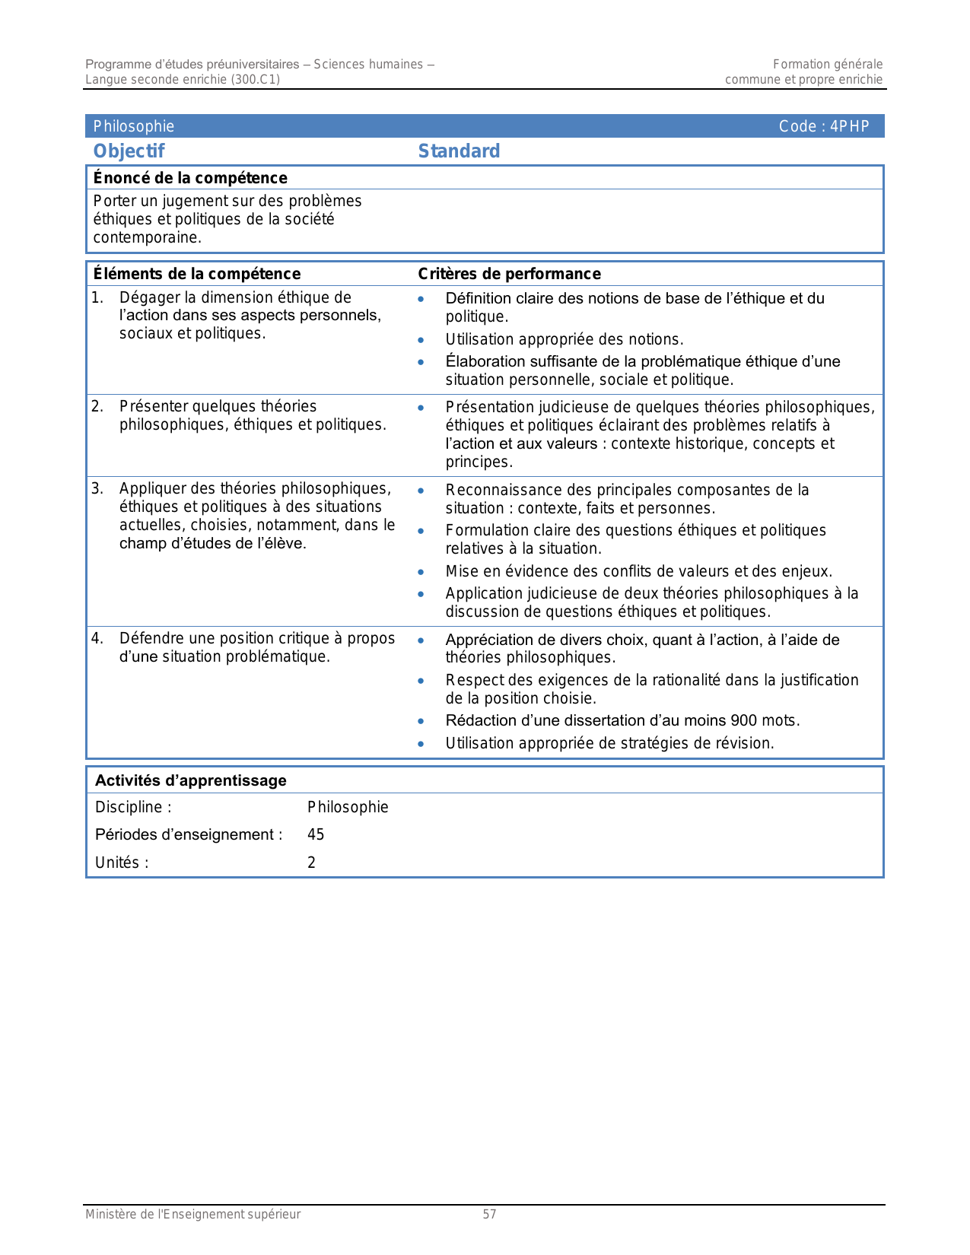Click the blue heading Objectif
click(129, 151)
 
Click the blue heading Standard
click(459, 151)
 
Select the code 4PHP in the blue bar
click(849, 126)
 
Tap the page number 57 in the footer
click(490, 1215)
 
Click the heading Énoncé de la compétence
click(190, 178)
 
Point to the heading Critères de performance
click(509, 274)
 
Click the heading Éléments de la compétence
click(196, 274)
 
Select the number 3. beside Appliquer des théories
click(97, 488)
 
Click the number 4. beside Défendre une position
click(97, 638)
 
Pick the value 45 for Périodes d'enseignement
click(316, 834)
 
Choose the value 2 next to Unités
click(311, 863)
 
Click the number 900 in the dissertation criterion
click(743, 720)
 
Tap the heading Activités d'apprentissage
click(190, 780)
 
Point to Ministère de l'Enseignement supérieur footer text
click(192, 1215)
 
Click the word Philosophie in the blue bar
click(134, 126)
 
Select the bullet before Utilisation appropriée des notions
click(421, 340)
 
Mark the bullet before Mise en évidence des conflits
click(421, 572)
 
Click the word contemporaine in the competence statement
click(147, 237)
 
